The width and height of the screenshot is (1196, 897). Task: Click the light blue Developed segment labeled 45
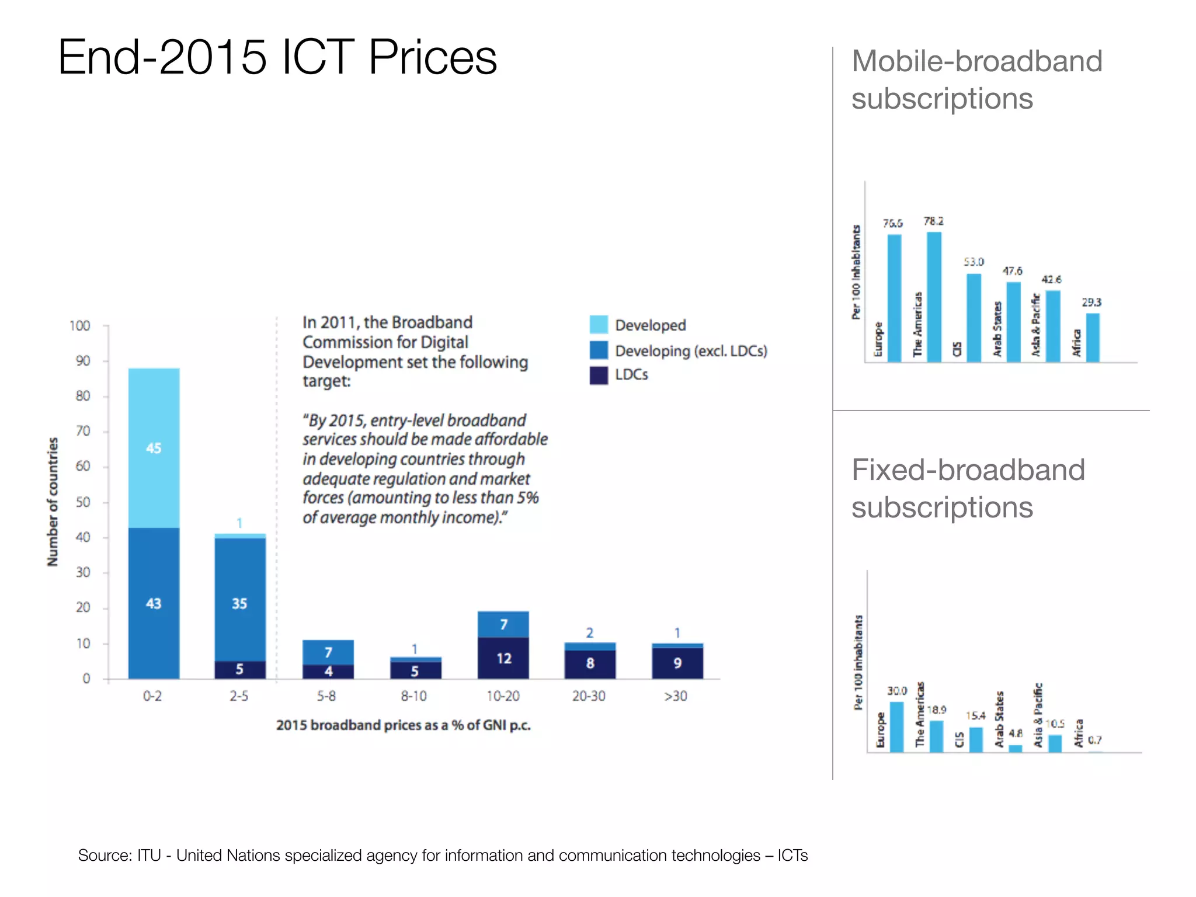pyautogui.click(x=154, y=448)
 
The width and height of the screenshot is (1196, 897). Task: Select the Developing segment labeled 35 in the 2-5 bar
pyautogui.click(x=239, y=599)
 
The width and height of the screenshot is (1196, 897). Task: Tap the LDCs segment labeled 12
pyautogui.click(x=503, y=658)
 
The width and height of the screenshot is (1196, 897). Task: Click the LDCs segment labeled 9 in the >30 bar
pyautogui.click(x=677, y=663)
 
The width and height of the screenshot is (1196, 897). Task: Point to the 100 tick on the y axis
pyautogui.click(x=80, y=326)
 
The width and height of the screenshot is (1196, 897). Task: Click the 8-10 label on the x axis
pyautogui.click(x=413, y=696)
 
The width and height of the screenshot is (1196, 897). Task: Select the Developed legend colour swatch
pyautogui.click(x=599, y=325)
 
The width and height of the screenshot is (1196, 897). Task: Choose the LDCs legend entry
pyautogui.click(x=631, y=375)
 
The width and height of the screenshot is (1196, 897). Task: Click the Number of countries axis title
pyautogui.click(x=53, y=502)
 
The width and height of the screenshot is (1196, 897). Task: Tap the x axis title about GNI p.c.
pyautogui.click(x=403, y=725)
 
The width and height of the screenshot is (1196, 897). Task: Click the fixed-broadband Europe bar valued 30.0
pyautogui.click(x=896, y=726)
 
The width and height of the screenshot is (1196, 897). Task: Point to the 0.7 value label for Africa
pyautogui.click(x=1094, y=740)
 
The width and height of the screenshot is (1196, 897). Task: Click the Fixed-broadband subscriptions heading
pyautogui.click(x=968, y=488)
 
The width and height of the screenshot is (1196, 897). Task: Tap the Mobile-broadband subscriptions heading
pyautogui.click(x=976, y=79)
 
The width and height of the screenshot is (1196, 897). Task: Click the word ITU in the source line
pyautogui.click(x=149, y=856)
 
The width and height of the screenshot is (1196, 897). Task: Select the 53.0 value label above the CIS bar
pyautogui.click(x=974, y=262)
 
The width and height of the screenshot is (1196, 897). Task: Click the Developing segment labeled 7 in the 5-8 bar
pyautogui.click(x=328, y=652)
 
